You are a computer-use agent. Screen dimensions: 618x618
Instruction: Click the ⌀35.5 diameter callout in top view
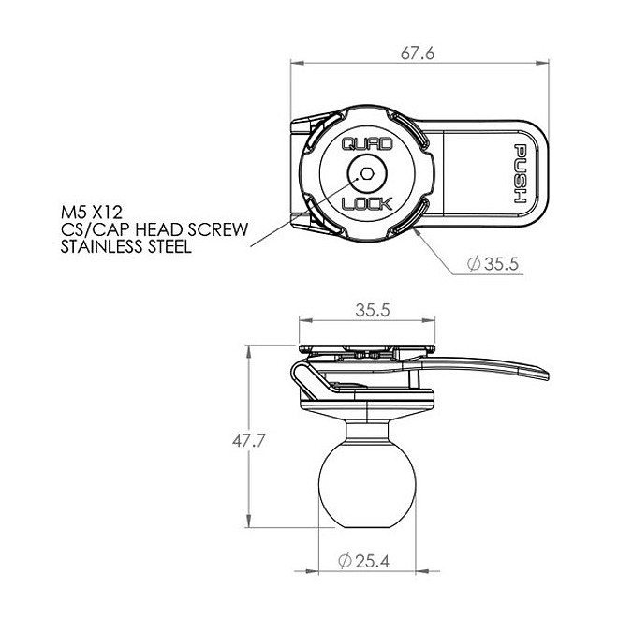click(491, 265)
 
